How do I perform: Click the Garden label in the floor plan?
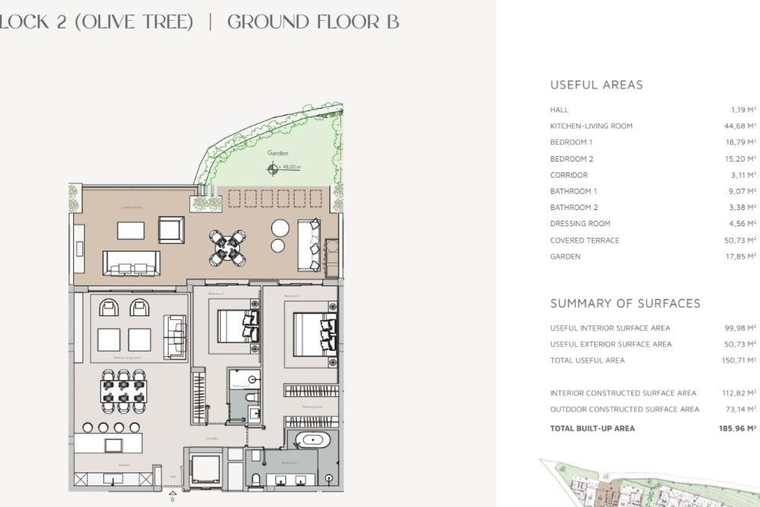coord(277,153)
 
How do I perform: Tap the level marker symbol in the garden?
coord(272,170)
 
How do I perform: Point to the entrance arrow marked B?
coord(173,495)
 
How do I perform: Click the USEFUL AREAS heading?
coord(596,85)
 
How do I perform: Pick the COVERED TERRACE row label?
coord(584,240)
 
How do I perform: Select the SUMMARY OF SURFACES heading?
coord(625,303)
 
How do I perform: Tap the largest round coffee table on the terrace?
coord(280,229)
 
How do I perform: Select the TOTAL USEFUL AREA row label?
coord(587,360)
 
